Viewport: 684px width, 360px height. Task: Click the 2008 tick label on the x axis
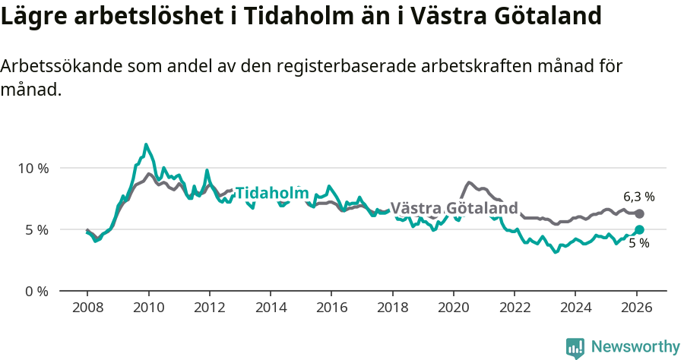87,308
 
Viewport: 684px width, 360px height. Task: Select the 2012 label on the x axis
209,308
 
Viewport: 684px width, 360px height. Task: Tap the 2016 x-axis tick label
331,308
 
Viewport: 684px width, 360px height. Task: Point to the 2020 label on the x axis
453,308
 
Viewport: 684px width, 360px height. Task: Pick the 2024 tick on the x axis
575,308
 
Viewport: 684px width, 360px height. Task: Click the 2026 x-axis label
636,308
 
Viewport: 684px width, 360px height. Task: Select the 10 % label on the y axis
33,168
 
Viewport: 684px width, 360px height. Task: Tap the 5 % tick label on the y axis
36,229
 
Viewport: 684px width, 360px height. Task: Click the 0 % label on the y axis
36,292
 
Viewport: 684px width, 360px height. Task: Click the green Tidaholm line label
272,194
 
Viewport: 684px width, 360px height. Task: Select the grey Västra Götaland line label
454,208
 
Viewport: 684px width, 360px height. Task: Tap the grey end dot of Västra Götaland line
639,214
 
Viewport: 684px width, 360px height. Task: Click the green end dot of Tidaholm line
639,229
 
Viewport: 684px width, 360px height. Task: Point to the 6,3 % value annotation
639,197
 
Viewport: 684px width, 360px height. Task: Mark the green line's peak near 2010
146,144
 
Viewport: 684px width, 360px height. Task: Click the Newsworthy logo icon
575,348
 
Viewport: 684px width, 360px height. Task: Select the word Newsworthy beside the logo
635,347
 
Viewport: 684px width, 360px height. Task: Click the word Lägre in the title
35,16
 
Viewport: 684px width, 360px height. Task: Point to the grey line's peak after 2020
469,182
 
